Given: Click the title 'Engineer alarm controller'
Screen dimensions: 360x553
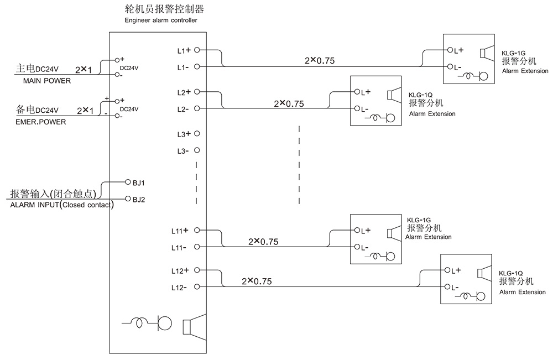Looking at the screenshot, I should [x=161, y=20].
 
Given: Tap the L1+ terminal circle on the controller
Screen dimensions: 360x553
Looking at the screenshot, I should [x=196, y=50].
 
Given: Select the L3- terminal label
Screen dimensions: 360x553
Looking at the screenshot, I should [x=183, y=151].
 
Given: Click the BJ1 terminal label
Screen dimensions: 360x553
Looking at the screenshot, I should [x=139, y=182].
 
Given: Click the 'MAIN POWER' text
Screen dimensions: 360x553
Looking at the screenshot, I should [x=46, y=80].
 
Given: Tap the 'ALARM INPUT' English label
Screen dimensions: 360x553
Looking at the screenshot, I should [x=35, y=205].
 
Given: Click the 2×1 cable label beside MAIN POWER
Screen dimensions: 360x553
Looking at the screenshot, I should [x=84, y=69].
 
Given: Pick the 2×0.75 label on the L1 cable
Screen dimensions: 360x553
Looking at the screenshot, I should [x=320, y=61].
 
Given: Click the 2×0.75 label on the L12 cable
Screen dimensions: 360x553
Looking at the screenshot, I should [x=257, y=281].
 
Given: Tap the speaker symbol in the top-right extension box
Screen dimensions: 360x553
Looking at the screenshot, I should [x=486, y=53].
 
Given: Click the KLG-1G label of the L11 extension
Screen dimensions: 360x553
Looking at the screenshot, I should [x=419, y=220].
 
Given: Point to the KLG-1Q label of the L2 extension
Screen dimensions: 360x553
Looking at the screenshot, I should [x=420, y=95].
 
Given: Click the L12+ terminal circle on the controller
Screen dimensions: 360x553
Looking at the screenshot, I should [x=196, y=270].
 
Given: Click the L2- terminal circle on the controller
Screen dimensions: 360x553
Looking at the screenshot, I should [x=196, y=109].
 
